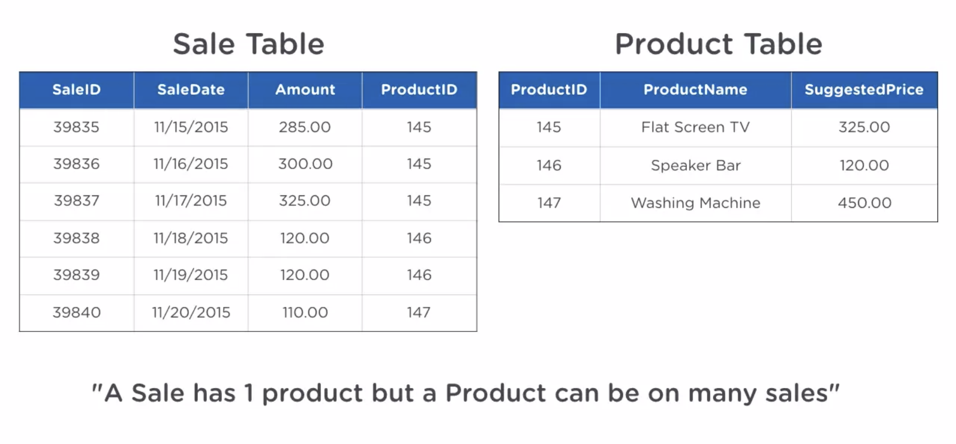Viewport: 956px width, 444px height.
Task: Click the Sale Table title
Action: click(x=248, y=44)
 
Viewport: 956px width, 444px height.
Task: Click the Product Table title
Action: click(x=718, y=44)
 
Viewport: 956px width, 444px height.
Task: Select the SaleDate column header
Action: click(x=191, y=90)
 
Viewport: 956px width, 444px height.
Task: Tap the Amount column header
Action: click(x=305, y=90)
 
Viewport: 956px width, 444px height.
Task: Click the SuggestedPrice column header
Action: click(x=864, y=90)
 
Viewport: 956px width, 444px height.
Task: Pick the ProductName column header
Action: click(x=695, y=90)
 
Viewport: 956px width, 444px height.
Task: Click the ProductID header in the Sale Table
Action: click(x=419, y=90)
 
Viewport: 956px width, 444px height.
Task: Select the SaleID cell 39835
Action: click(x=76, y=127)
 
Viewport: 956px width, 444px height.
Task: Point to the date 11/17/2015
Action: click(x=191, y=201)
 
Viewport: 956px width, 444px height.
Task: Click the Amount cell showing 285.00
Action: click(x=305, y=127)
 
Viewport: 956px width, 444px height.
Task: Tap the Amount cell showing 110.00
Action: click(x=305, y=313)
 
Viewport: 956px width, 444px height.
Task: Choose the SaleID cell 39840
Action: click(x=76, y=313)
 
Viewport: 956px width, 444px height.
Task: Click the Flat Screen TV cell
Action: click(x=695, y=127)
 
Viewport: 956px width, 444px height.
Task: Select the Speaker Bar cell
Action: click(x=695, y=165)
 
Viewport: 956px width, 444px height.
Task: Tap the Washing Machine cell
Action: click(x=695, y=203)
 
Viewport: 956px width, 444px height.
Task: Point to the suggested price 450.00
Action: click(x=864, y=203)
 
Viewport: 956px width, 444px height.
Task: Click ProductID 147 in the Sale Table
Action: click(x=419, y=313)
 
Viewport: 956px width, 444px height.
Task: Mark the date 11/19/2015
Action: click(x=191, y=275)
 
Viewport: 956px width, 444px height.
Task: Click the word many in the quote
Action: click(x=722, y=394)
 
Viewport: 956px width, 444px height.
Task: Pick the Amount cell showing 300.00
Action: click(x=305, y=164)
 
